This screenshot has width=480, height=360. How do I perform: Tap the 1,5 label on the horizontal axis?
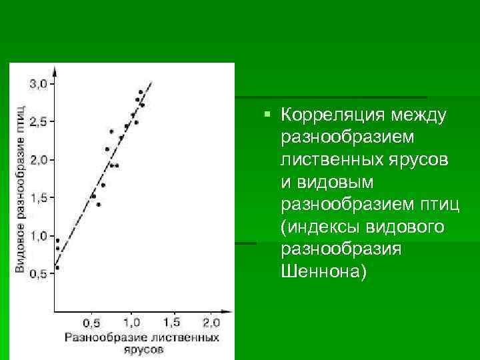[171, 323]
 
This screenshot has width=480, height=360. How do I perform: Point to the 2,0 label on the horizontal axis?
[211, 323]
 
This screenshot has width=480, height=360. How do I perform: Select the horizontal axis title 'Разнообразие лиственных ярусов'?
[142, 343]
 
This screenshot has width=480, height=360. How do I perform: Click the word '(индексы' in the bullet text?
[321, 227]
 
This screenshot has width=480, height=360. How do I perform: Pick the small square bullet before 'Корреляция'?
[267, 115]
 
